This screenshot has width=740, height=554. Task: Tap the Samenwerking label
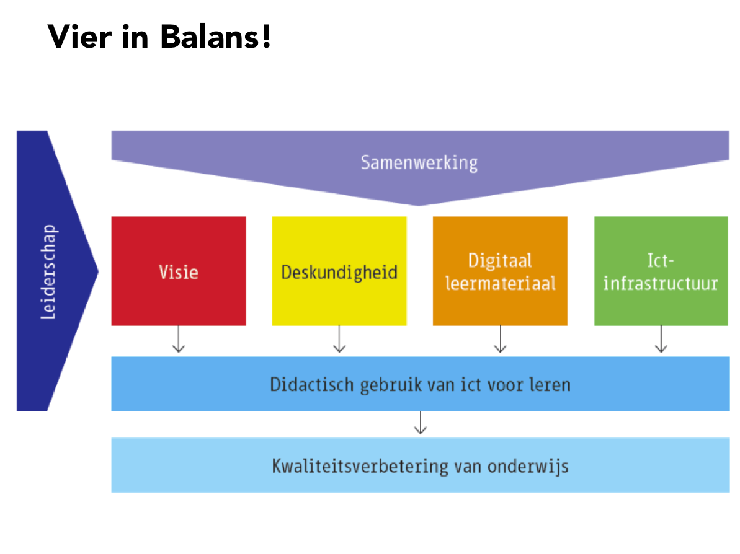coord(419,163)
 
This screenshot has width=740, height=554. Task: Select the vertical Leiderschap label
coord(48,271)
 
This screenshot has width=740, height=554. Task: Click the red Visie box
coord(179,271)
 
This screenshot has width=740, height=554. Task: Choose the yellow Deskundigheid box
coord(339,271)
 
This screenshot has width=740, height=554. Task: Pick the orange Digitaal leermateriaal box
coord(500,271)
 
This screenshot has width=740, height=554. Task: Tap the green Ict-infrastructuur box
coord(661,271)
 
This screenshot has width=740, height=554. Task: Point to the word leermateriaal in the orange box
coord(501,283)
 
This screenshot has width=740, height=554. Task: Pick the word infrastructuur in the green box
coord(661,283)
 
